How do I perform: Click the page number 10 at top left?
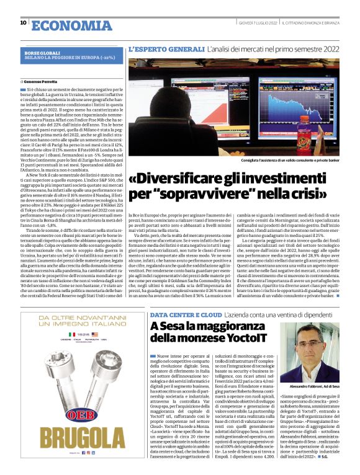coord(23,22)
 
